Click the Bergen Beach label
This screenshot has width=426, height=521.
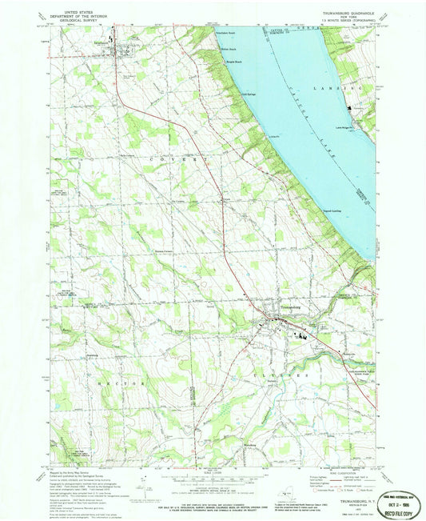pos(230,61)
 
